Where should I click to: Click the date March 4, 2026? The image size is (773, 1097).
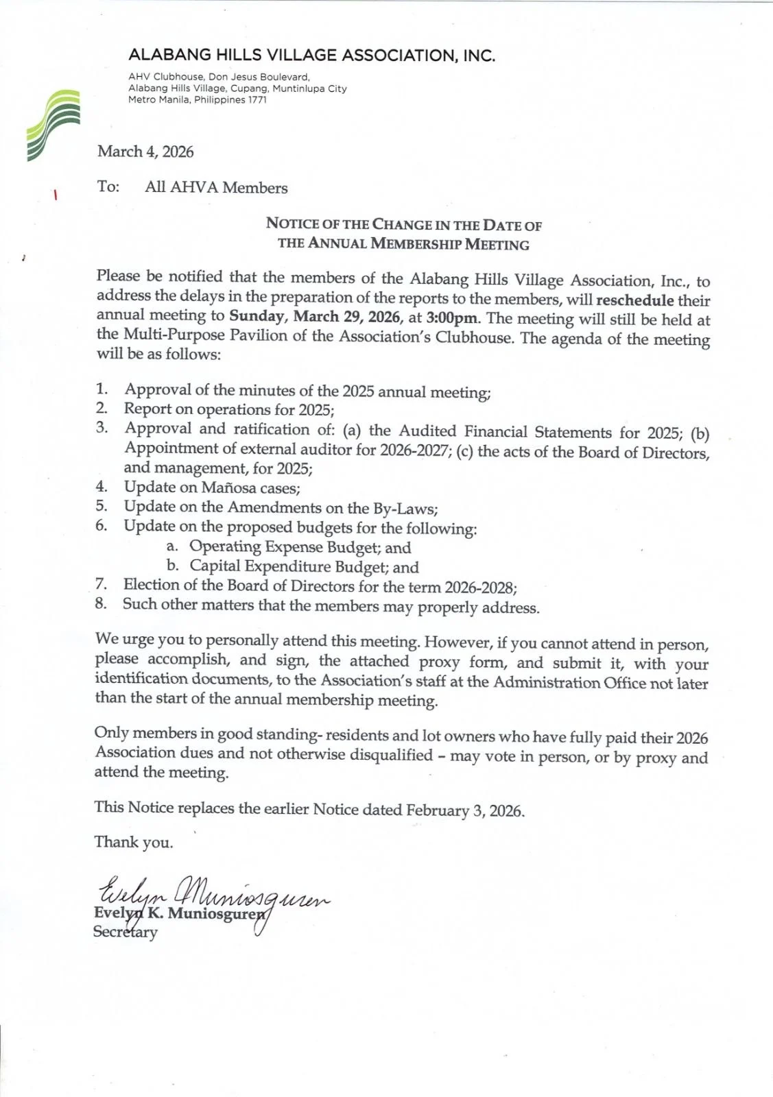[x=145, y=152]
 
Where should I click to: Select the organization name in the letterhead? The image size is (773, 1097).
[x=311, y=56]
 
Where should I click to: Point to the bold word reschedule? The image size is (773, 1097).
[x=635, y=300]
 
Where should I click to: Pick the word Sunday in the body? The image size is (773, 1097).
[x=257, y=316]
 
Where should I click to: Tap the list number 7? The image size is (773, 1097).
[x=102, y=585]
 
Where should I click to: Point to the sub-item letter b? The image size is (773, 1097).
[x=173, y=566]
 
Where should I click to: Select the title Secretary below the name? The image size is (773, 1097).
[x=126, y=932]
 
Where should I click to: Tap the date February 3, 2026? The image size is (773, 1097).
[x=465, y=810]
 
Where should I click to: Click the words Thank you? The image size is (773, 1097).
[x=134, y=842]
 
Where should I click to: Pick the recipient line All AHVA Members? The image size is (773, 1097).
[x=216, y=188]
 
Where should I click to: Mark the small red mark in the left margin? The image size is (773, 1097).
[x=54, y=195]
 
